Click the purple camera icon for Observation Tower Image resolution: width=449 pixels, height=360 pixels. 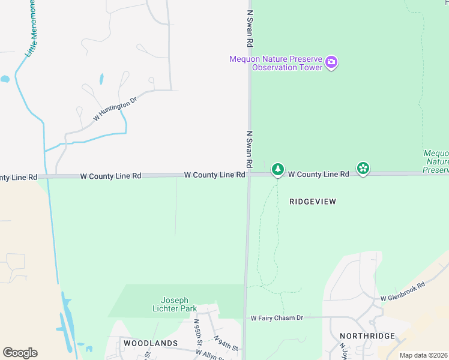pyautogui.click(x=331, y=62)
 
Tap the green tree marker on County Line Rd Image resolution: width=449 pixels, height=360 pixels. pyautogui.click(x=277, y=170)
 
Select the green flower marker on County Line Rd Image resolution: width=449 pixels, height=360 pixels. pyautogui.click(x=363, y=169)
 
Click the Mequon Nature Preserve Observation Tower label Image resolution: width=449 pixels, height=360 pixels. pyautogui.click(x=276, y=63)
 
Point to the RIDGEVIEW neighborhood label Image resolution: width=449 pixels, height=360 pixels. pyautogui.click(x=313, y=202)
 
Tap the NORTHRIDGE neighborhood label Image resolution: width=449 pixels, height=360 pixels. pyautogui.click(x=367, y=336)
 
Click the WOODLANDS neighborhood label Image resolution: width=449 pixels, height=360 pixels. pyautogui.click(x=151, y=343)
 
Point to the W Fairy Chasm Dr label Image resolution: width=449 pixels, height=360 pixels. pyautogui.click(x=277, y=317)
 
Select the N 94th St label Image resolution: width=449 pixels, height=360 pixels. pyautogui.click(x=226, y=344)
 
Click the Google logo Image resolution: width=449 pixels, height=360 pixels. pyautogui.click(x=20, y=353)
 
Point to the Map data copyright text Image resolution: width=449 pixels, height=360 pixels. pyautogui.click(x=424, y=355)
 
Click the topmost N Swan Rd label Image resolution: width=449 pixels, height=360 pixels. pyautogui.click(x=249, y=28)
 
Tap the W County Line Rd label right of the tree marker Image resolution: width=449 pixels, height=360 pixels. pyautogui.click(x=318, y=174)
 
